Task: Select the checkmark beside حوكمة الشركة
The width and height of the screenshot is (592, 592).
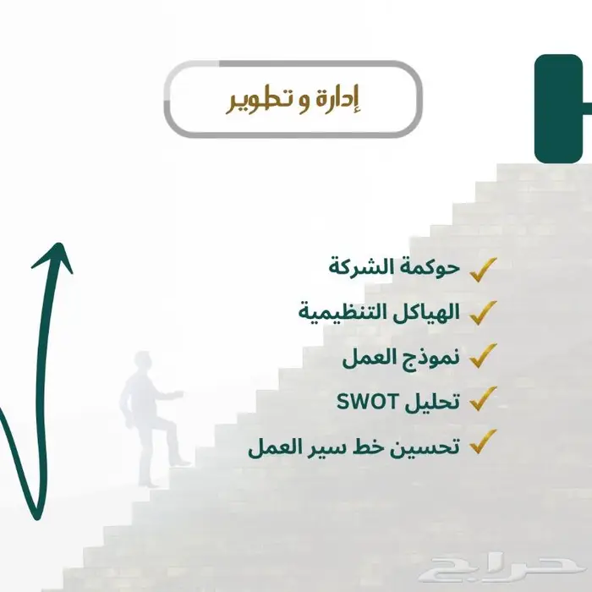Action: coord(483,269)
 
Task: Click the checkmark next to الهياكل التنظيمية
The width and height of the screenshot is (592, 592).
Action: coord(483,312)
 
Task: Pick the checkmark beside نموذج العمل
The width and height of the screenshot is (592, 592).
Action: coord(483,356)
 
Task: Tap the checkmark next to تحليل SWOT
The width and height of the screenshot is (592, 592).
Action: coord(483,399)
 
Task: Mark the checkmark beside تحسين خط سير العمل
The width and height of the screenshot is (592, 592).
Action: coord(483,442)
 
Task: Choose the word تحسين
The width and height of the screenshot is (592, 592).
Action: coord(430,444)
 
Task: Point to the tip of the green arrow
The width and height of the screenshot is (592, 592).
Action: coord(62,246)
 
